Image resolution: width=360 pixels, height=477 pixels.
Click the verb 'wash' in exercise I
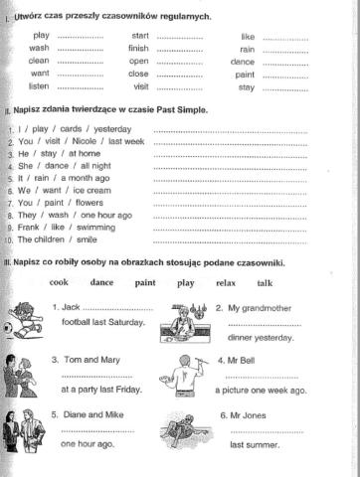(40, 48)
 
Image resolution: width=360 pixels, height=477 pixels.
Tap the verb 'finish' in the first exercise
(138, 48)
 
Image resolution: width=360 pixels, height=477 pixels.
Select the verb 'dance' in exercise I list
(243, 61)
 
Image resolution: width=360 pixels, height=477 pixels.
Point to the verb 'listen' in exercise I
(41, 86)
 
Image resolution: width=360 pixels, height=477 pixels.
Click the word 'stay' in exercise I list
(246, 86)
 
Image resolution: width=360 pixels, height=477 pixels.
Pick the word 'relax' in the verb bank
(225, 282)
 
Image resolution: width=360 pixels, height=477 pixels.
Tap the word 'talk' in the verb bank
(265, 282)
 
